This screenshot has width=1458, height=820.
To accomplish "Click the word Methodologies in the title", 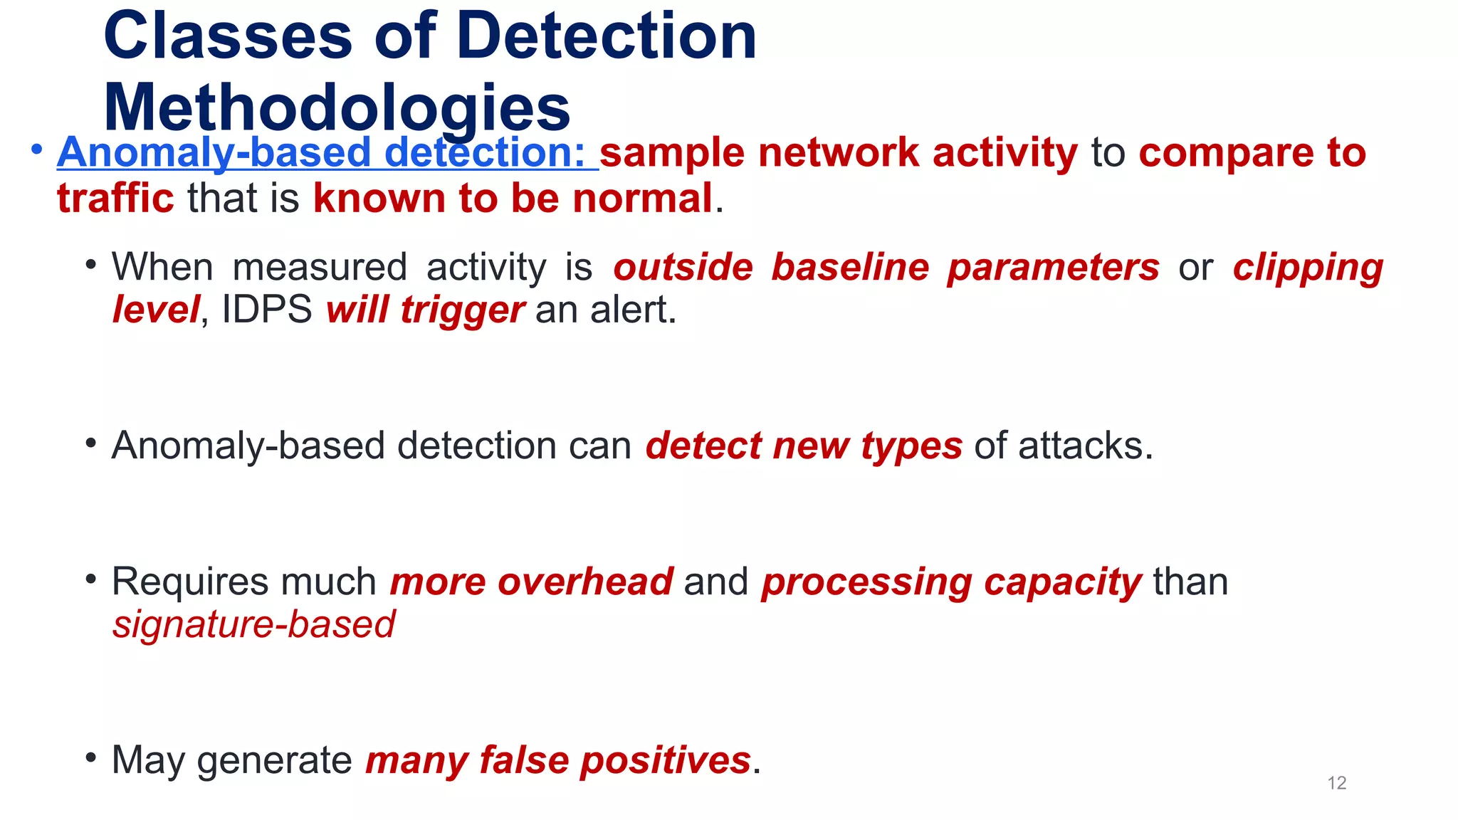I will point(337,107).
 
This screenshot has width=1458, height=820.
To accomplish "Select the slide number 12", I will point(1336,783).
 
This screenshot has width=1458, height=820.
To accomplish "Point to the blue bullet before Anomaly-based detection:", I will point(37,150).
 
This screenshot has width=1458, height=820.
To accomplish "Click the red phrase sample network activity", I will point(839,152).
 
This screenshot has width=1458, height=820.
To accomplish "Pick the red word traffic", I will point(115,198).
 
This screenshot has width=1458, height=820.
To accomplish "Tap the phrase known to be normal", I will point(513,198).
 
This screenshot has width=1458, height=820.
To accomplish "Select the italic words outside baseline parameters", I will point(886,268).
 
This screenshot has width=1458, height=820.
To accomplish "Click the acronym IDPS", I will point(267,310).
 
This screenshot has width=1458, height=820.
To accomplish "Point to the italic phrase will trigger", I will point(425,310).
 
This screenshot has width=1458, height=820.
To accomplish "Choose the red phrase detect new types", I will point(804,446).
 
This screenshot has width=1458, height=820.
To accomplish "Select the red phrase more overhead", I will point(531,582).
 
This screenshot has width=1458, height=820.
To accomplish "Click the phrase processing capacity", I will point(951,582).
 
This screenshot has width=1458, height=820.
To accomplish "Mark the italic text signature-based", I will point(253,625).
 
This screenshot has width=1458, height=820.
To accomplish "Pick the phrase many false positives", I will point(558,760).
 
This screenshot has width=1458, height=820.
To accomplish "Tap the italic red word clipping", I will point(1308,268).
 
